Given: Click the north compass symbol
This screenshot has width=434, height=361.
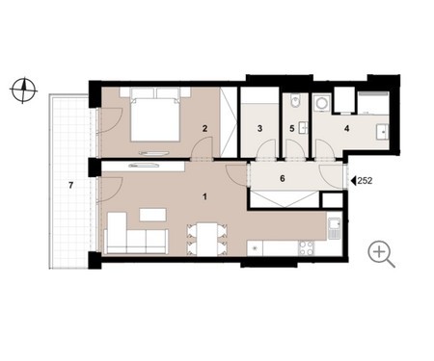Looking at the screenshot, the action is tap(23, 90).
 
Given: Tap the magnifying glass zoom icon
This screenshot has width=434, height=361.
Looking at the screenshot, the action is tap(382, 254).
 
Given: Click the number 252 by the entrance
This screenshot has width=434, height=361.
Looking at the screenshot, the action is tap(365, 181).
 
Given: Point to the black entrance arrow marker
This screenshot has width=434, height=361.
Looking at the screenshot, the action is tap(353, 181).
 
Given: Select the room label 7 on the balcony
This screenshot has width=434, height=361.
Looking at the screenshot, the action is tap(71, 185).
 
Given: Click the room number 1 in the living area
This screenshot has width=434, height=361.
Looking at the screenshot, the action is tap(204, 196).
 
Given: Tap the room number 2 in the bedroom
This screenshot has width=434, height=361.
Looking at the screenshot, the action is tap(204, 129).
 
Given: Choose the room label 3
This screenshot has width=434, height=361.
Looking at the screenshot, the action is tap(259, 129).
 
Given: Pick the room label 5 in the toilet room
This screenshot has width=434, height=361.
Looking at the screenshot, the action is tap(292, 129).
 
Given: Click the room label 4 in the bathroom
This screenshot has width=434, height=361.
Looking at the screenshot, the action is tap(346, 129).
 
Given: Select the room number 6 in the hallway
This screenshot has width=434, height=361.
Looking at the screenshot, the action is tap(283, 178).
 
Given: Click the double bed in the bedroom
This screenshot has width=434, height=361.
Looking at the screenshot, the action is tap(155, 115).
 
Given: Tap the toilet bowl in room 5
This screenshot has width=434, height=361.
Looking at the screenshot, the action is tap(295, 100).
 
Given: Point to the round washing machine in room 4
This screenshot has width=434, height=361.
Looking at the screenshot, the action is tap(321, 103).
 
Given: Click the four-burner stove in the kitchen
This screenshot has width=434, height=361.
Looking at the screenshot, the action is tap(306, 248).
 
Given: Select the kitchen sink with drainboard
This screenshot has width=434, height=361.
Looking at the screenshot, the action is tap(335, 228).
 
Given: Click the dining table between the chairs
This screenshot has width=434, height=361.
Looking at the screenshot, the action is tap(206, 239).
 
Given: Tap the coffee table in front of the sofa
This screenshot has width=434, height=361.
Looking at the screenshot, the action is tap(153, 215).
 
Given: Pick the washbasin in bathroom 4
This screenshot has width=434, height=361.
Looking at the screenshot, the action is tap(382, 132).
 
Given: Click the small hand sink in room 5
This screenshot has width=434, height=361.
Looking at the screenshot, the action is tap(303, 128).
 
